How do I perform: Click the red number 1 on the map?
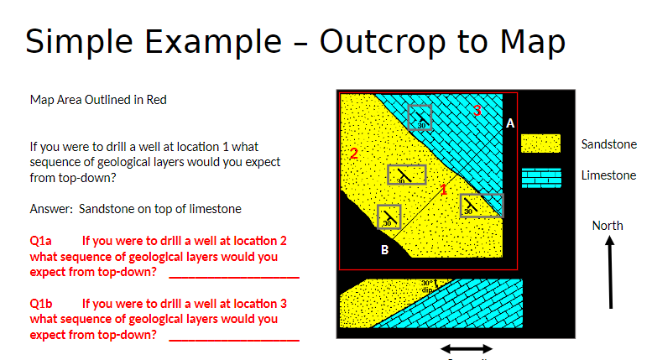coord(444,189)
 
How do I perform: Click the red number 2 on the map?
coord(353,154)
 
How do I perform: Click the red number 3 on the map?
coord(477,110)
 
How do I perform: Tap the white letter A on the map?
coord(510,123)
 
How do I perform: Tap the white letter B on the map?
coord(384,249)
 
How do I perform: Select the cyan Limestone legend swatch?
coord(540,178)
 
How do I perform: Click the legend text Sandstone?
coord(608,144)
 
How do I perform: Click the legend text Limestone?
coord(608,175)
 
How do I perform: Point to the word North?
coord(608,225)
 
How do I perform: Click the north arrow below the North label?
coord(611,272)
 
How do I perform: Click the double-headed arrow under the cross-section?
coord(467,348)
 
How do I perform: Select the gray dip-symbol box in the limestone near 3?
coord(420,118)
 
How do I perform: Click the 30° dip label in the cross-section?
coord(428,285)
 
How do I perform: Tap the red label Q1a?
coord(41,240)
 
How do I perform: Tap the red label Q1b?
coord(41,303)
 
